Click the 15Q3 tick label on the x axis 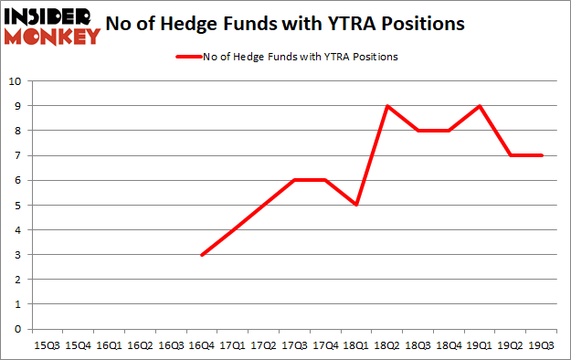pyautogui.click(x=47, y=345)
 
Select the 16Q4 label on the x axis pyautogui.click(x=202, y=345)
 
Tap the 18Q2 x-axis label pyautogui.click(x=387, y=345)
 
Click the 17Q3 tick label pyautogui.click(x=294, y=345)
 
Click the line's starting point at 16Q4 pyautogui.click(x=202, y=255)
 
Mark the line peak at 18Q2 pyautogui.click(x=387, y=106)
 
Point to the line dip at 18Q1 pyautogui.click(x=356, y=205)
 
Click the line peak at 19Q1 pyautogui.click(x=481, y=106)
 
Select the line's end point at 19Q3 pyautogui.click(x=543, y=155)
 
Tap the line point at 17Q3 pyautogui.click(x=294, y=180)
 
